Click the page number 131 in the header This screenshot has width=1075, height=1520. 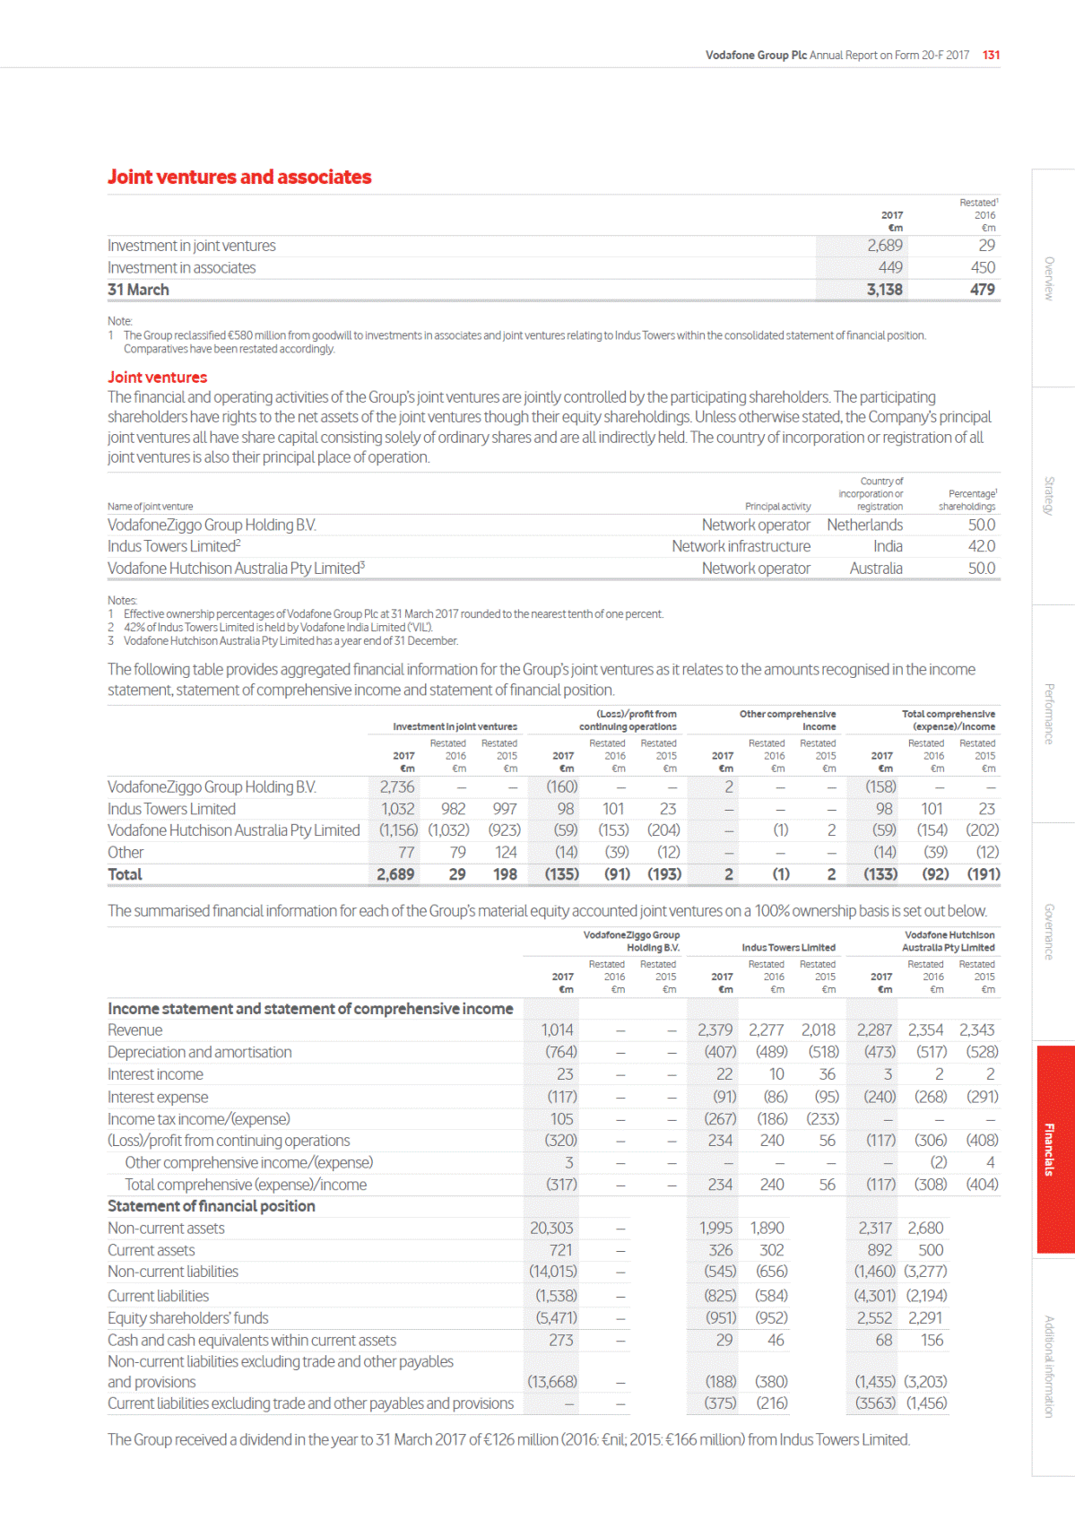[x=991, y=55]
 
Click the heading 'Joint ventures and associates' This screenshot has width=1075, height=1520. [x=239, y=177]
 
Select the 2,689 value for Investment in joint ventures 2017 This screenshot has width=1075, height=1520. [x=884, y=246]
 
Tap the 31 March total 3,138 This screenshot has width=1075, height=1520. [x=884, y=290]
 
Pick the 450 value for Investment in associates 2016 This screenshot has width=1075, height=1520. [x=983, y=267]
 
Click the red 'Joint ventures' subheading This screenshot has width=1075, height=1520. [x=157, y=378]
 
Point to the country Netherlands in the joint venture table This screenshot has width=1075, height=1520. [x=864, y=525]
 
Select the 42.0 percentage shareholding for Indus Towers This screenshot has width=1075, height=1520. [x=981, y=546]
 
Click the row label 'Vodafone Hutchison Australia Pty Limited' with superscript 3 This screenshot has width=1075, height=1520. [x=236, y=569]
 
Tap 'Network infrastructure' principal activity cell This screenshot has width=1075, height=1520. [x=741, y=546]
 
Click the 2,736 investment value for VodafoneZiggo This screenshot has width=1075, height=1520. [x=396, y=786]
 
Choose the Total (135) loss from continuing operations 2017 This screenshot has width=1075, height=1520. [x=562, y=874]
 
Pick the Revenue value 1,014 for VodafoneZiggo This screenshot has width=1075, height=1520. [x=557, y=1030]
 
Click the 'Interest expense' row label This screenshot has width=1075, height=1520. [x=158, y=1097]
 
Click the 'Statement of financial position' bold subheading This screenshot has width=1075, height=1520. [x=212, y=1206]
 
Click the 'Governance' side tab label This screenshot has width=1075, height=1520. [x=1049, y=932]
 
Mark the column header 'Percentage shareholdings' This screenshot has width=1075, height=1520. [x=968, y=500]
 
